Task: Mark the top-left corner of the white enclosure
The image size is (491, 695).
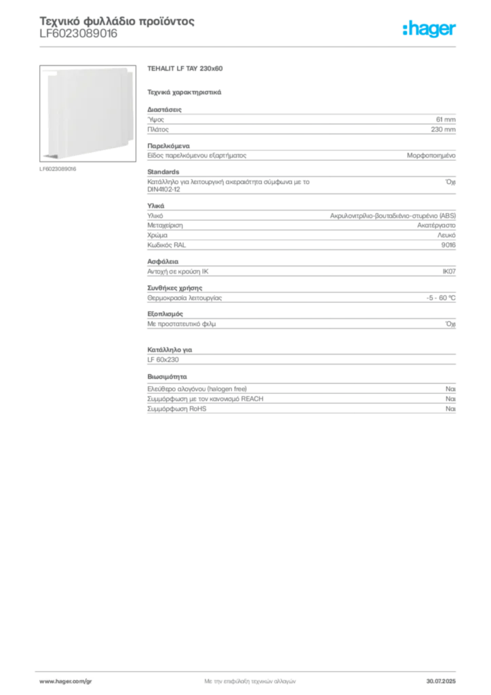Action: (43, 69)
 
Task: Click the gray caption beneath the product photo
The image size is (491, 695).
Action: (60, 168)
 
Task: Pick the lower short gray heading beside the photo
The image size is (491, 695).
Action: (184, 91)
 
